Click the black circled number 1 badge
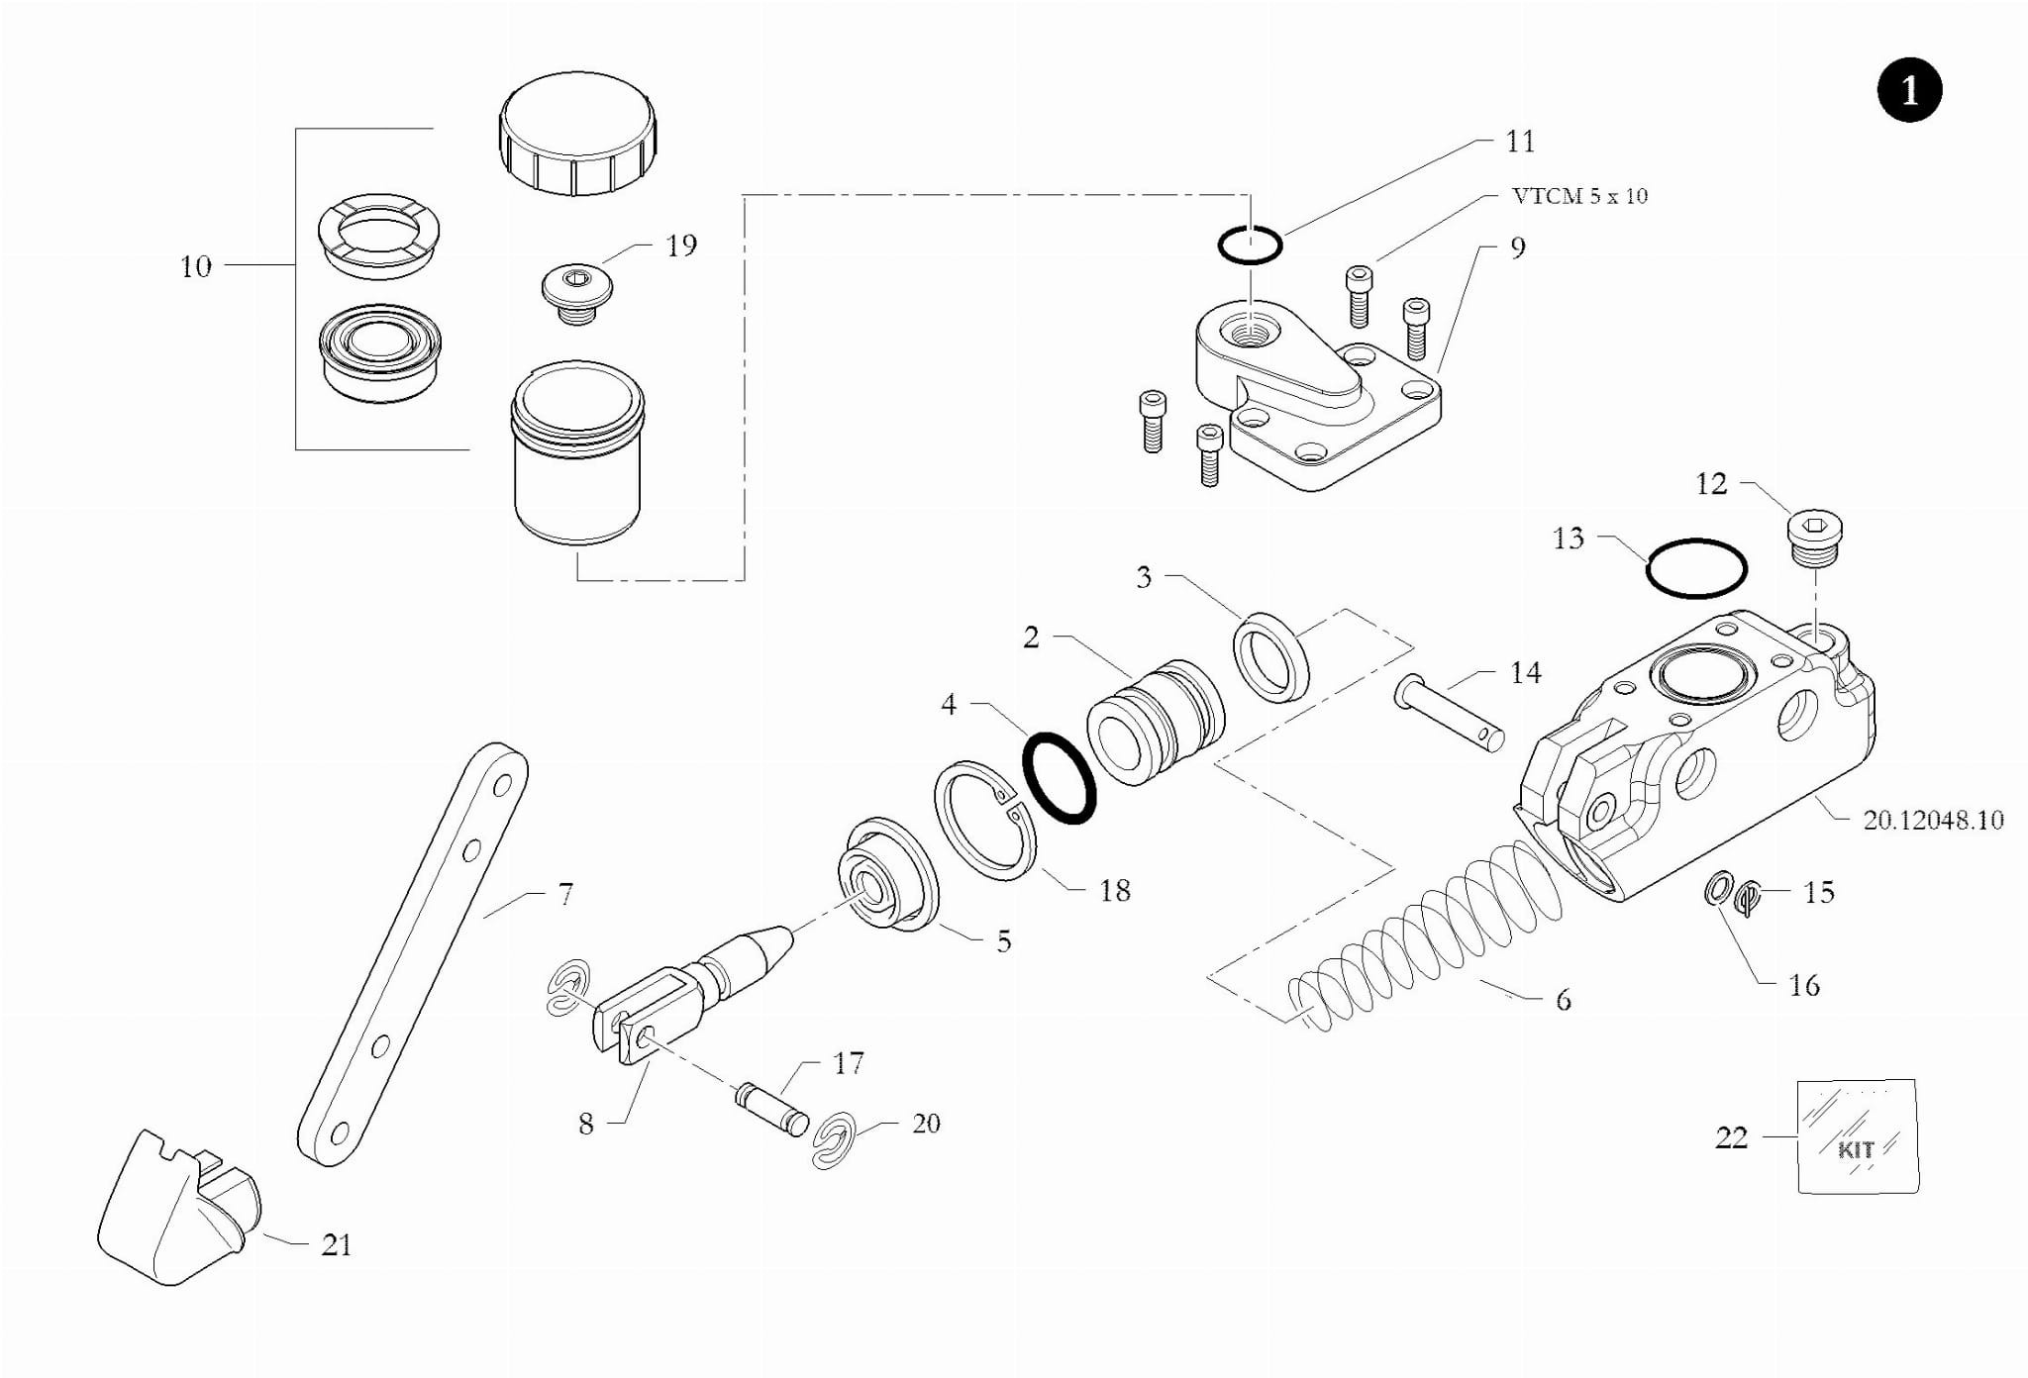coord(1909,90)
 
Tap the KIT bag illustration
coord(1858,1136)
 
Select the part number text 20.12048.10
coord(1933,820)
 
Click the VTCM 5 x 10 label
coord(1579,196)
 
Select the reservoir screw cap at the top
coord(577,133)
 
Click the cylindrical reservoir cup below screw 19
coord(577,452)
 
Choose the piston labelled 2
coord(1156,722)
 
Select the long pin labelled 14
coord(1450,713)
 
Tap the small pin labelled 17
coord(772,1110)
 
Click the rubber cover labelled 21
coord(179,1207)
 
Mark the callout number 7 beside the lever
coord(565,895)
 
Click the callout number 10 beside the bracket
coord(195,266)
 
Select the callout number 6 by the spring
coord(1563,1000)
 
